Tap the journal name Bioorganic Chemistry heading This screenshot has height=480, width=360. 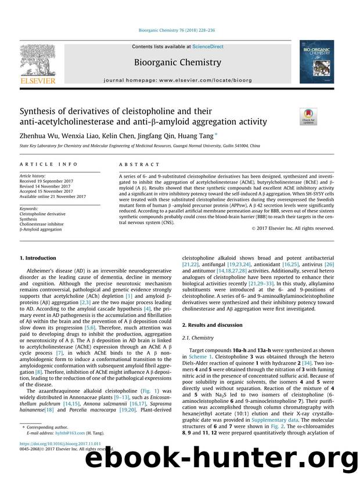[178, 62]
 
